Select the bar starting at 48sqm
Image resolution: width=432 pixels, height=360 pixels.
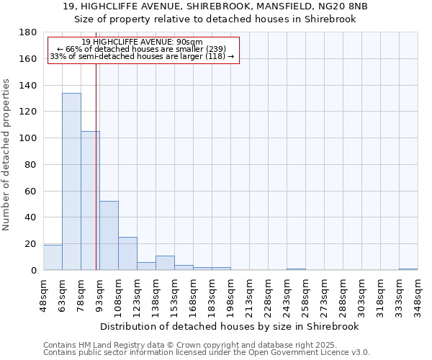[x=53, y=257]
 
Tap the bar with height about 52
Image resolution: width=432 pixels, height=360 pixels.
[x=109, y=235]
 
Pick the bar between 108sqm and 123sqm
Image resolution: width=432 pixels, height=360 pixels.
[x=127, y=253]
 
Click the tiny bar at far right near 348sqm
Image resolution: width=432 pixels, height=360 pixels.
[x=408, y=269]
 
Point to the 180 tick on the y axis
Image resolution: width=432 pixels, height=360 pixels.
[x=28, y=32]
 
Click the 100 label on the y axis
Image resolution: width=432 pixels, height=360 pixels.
[x=28, y=138]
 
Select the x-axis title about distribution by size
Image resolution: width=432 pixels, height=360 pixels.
[x=230, y=326]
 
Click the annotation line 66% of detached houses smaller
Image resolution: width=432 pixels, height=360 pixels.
[x=141, y=49]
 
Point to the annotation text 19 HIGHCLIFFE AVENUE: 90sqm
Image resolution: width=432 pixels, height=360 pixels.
[x=142, y=42]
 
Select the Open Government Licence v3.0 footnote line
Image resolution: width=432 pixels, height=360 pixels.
[x=207, y=352]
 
